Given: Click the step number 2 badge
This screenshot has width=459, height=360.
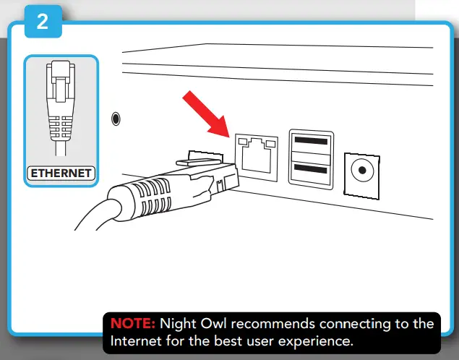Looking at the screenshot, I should [x=43, y=22].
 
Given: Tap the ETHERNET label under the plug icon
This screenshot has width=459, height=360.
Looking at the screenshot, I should [x=60, y=173].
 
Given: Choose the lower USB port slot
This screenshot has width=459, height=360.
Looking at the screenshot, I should [x=311, y=171].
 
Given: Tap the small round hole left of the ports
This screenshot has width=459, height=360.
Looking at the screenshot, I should [x=116, y=119].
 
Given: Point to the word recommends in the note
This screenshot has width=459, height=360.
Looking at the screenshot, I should [x=277, y=323].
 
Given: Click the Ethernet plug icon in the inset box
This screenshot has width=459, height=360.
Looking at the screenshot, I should [x=61, y=108].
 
